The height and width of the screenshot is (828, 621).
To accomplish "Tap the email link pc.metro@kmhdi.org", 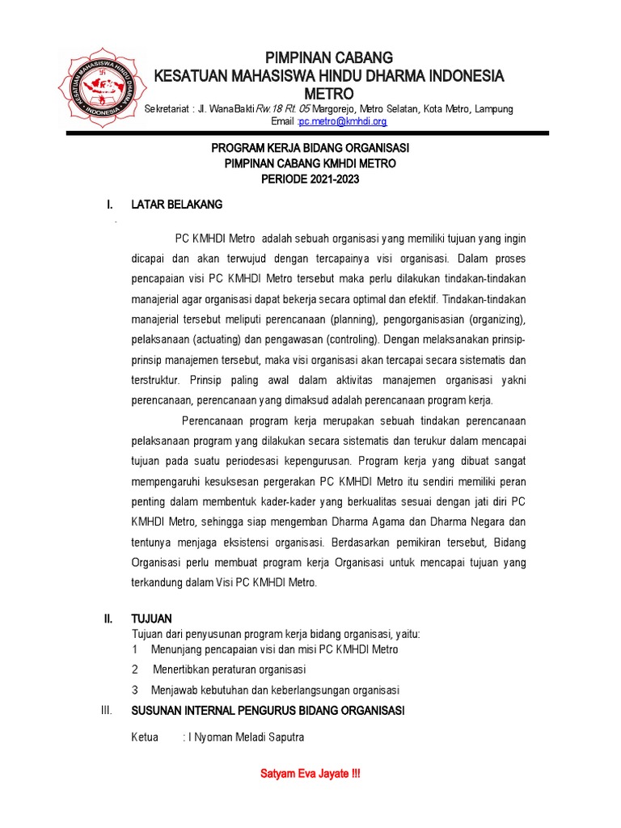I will (343, 121).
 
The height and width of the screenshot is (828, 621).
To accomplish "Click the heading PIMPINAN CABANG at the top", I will (329, 57).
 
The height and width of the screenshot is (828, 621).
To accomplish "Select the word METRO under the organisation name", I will (328, 95).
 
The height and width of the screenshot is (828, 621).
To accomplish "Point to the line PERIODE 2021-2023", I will (310, 179).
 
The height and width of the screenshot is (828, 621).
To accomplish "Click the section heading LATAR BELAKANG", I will (176, 205).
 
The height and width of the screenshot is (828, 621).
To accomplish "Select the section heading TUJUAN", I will (152, 619).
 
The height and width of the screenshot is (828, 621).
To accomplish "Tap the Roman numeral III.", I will (105, 711).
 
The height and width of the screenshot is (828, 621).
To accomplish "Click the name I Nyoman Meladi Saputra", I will (246, 737).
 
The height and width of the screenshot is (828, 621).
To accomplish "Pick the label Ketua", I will (145, 737).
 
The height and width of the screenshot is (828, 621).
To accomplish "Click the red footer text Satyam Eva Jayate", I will (310, 774).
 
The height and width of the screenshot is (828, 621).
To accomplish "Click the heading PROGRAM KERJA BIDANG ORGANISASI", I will (310, 148).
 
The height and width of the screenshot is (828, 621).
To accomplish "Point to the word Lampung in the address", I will (493, 109).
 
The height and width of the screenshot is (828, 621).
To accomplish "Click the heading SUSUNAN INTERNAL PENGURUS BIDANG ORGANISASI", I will (268, 711).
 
